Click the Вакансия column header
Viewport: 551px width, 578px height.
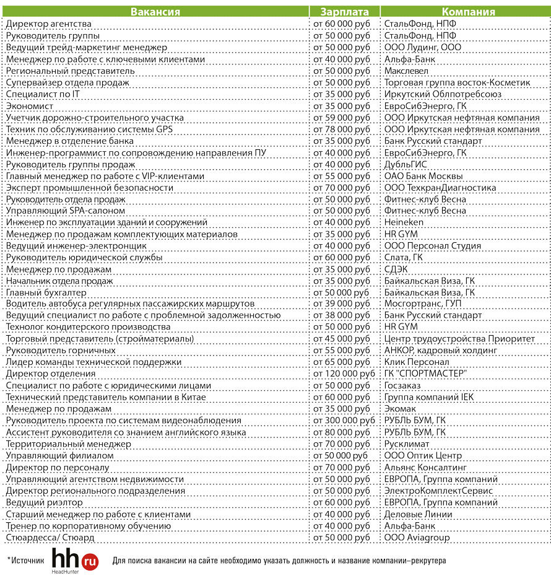[155, 12]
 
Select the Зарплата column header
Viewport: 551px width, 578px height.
[345, 12]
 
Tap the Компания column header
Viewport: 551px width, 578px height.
[467, 12]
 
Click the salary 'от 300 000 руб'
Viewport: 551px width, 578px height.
[344, 421]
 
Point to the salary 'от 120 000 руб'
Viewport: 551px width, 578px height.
[344, 374]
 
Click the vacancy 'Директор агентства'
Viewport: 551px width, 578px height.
[49, 24]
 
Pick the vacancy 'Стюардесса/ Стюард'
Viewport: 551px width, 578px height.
[46, 537]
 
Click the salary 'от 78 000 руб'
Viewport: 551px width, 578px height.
[341, 129]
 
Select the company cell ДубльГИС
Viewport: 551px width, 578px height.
[406, 164]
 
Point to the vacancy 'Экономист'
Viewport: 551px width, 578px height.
[28, 106]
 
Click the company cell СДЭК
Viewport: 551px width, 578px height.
[396, 269]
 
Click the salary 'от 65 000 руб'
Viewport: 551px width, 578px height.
[341, 362]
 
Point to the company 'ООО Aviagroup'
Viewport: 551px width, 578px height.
[417, 537]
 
